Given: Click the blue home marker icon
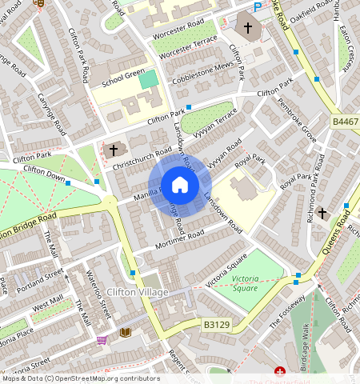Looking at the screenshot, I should pyautogui.click(x=180, y=186).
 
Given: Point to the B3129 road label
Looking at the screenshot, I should pyautogui.click(x=216, y=325).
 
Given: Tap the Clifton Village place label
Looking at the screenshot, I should pyautogui.click(x=138, y=293).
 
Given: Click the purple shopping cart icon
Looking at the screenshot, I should pyautogui.click(x=102, y=340).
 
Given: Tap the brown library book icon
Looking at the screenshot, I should pyautogui.click(x=124, y=332).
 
